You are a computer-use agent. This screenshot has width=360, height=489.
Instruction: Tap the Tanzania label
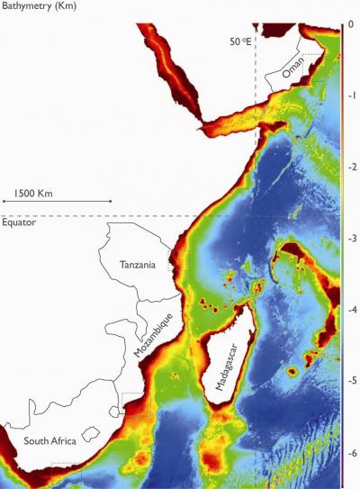[x=139, y=265]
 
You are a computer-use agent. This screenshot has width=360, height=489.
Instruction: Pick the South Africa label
[x=50, y=440]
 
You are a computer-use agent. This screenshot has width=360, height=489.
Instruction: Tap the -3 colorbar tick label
[x=349, y=239]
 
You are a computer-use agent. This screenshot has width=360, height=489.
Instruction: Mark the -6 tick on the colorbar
[x=349, y=452]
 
